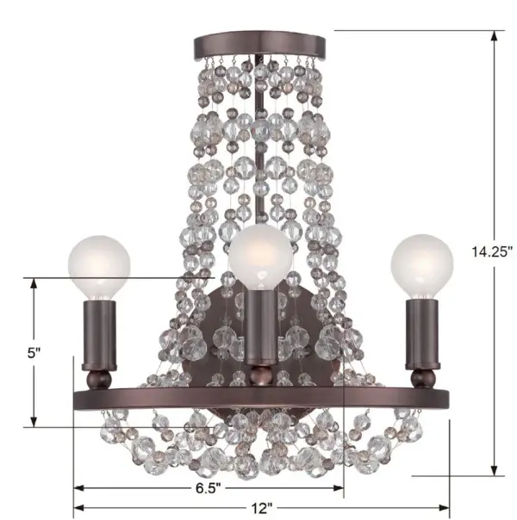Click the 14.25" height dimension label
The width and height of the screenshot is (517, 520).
(492, 251)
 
